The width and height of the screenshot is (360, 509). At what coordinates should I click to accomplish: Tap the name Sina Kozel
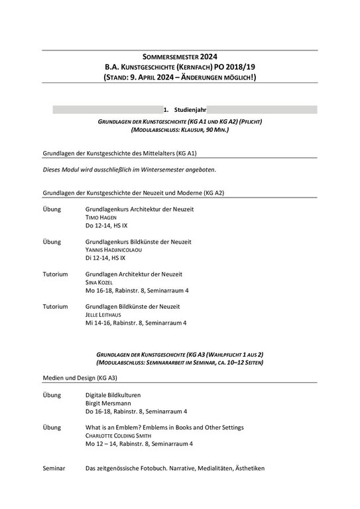coord(100,282)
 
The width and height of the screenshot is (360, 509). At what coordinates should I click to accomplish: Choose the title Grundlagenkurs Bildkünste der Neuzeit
coord(138,242)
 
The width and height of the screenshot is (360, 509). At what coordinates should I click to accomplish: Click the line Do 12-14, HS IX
coord(105,225)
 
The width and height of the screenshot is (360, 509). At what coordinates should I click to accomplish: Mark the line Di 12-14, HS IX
coord(105,258)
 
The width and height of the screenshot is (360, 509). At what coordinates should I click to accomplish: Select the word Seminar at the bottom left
coord(54,469)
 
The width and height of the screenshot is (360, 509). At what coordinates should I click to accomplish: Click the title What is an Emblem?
coord(123,427)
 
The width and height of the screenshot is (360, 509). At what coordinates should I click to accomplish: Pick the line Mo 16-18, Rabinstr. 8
coord(137,290)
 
